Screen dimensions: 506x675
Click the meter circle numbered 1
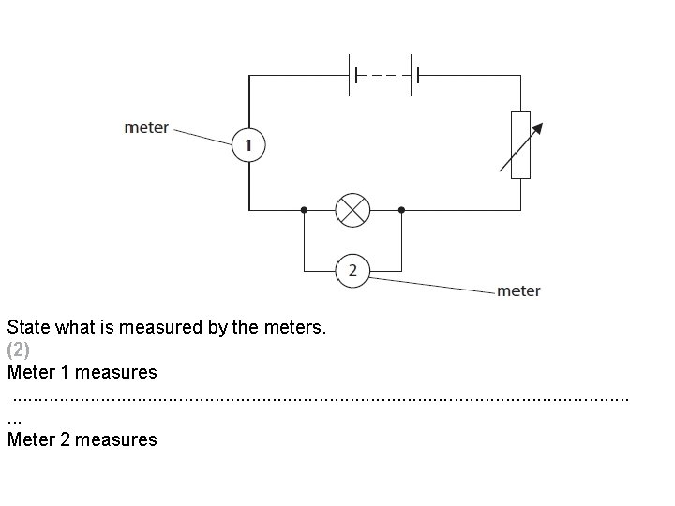(248, 145)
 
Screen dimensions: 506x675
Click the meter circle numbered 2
(352, 271)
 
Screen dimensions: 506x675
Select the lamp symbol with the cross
(352, 209)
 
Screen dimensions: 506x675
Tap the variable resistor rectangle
(518, 144)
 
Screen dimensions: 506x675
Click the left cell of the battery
(353, 74)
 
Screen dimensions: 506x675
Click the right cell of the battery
(413, 74)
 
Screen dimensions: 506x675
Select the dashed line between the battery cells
(383, 74)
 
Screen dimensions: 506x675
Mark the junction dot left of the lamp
(304, 209)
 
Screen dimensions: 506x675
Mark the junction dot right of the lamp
(401, 209)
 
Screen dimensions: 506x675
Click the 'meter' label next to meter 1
(146, 127)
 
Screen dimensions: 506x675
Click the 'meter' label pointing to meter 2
(518, 290)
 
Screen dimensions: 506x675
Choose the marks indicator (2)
(19, 350)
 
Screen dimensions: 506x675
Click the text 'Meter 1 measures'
(82, 373)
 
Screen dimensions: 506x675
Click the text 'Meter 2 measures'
(82, 439)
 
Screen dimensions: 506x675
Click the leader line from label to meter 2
(431, 283)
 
